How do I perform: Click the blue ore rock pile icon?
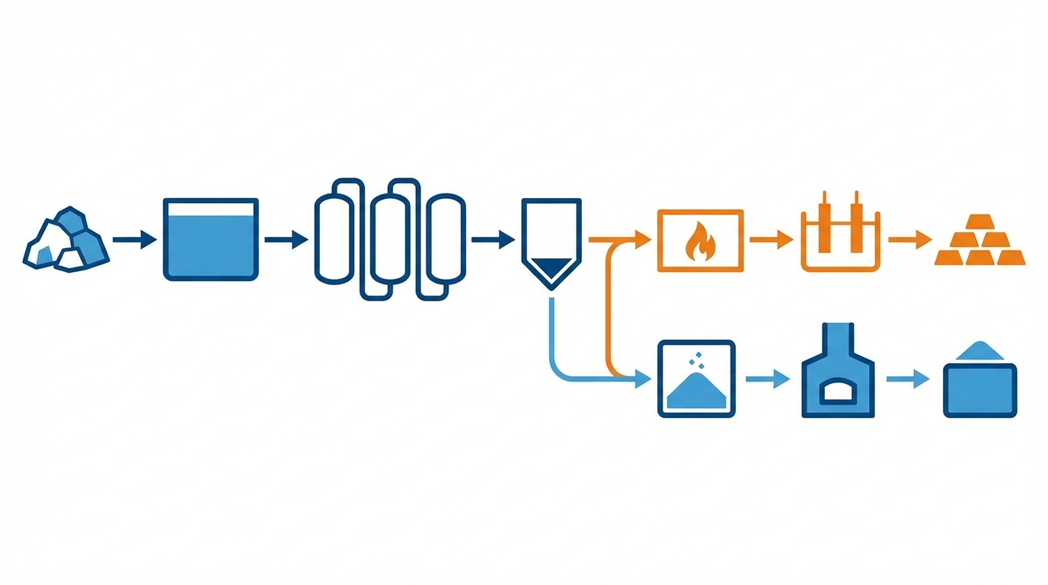(x=67, y=239)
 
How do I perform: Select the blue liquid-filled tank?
(x=211, y=239)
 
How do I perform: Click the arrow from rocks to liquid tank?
(x=134, y=240)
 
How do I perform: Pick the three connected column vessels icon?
(x=389, y=239)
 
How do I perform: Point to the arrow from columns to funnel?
(x=493, y=240)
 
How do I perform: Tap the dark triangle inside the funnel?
(x=551, y=267)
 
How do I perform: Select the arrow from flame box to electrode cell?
(x=771, y=240)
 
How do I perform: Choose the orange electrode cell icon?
(x=840, y=235)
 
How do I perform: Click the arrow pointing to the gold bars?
(x=910, y=240)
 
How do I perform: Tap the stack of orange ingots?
(x=980, y=241)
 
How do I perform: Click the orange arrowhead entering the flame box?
(x=644, y=240)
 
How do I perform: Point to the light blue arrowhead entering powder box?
(x=644, y=379)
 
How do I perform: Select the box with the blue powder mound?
(x=696, y=379)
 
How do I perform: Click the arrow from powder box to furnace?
(x=768, y=379)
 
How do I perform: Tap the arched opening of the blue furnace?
(x=837, y=392)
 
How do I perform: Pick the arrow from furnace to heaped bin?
(x=908, y=379)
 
